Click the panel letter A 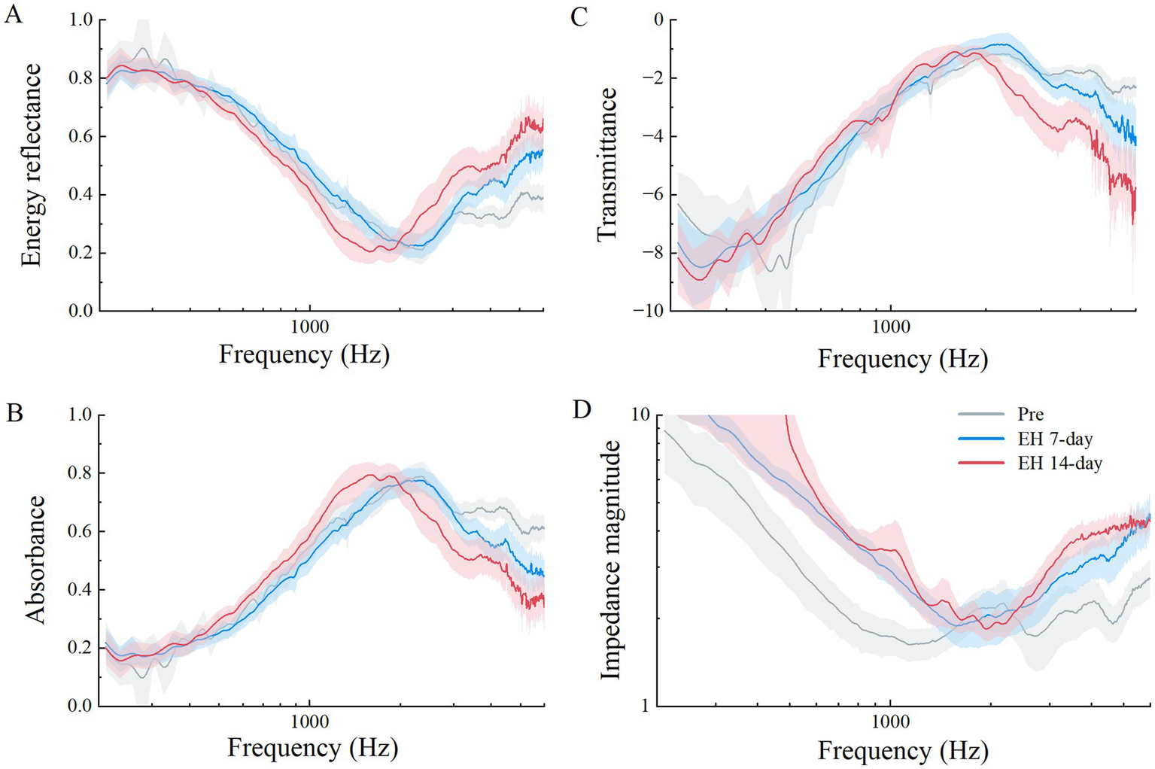tap(13, 15)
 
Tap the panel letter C tap(579, 17)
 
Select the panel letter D tap(581, 410)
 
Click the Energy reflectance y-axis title tap(31, 165)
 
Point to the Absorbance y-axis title tap(35, 559)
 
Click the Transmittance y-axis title tap(606, 165)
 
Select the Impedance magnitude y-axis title tap(610, 560)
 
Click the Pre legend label tap(1030, 415)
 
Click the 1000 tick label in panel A tap(309, 327)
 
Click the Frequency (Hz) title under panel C tap(902, 358)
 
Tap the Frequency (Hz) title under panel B tap(312, 748)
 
